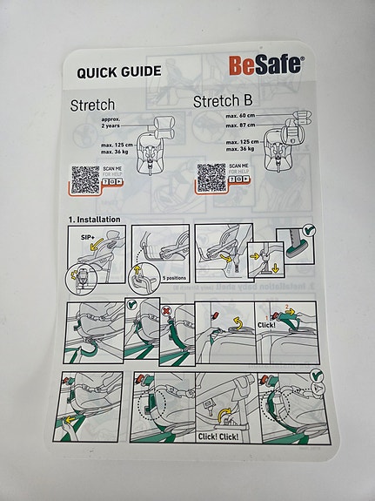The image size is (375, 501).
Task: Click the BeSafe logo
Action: click(266, 65)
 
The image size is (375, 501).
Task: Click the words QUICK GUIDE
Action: click(118, 71)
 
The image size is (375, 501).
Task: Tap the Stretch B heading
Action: click(224, 103)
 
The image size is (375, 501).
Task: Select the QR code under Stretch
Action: click(84, 179)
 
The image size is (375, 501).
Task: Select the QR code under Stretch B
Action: click(211, 178)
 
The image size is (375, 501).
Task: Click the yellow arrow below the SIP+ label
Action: click(90, 249)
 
